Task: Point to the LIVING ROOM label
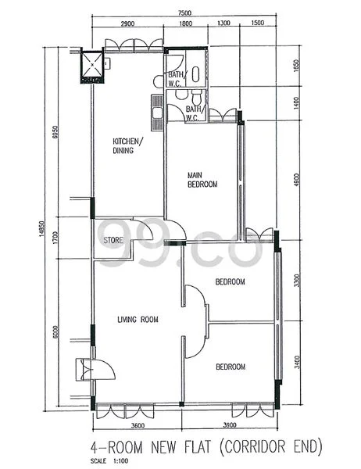tap(138, 319)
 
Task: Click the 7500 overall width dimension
tap(184, 13)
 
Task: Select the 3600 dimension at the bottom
tap(138, 425)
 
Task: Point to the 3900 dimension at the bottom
tap(230, 425)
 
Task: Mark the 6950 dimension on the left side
tap(55, 133)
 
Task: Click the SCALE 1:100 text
tap(108, 460)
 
